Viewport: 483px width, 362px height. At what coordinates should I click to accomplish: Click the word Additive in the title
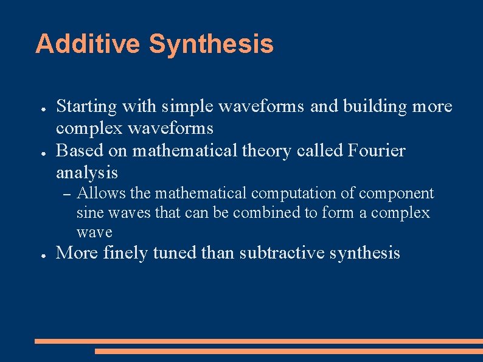88,44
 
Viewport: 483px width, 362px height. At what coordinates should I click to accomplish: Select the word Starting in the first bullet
86,107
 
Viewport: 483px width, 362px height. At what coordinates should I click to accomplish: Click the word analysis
87,173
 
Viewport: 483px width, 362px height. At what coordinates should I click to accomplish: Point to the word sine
90,213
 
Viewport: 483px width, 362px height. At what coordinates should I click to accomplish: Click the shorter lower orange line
288,351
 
